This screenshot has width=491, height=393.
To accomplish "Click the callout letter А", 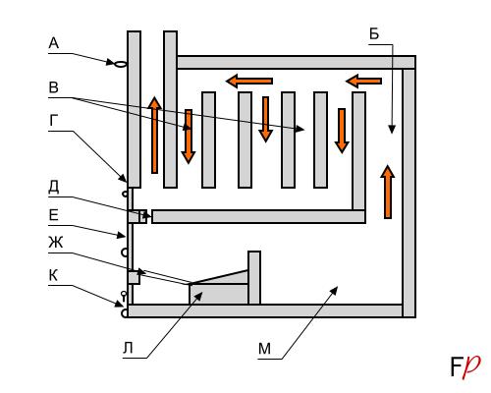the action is coord(53,43).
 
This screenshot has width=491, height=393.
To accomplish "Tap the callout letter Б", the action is coord(374,33).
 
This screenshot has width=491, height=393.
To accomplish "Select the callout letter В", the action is coord(53,87).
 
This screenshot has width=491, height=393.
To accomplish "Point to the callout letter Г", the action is coord(54,121).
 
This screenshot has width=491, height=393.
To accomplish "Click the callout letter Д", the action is coord(54,187).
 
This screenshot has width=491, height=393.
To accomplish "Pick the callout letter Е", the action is coord(53,215).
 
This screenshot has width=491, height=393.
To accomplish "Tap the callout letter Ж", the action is coord(56,243).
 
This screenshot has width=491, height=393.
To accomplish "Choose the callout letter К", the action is coord(53,275).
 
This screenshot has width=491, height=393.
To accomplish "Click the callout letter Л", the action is coord(128,348).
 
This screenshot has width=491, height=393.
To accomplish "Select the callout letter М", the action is coord(264,349).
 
